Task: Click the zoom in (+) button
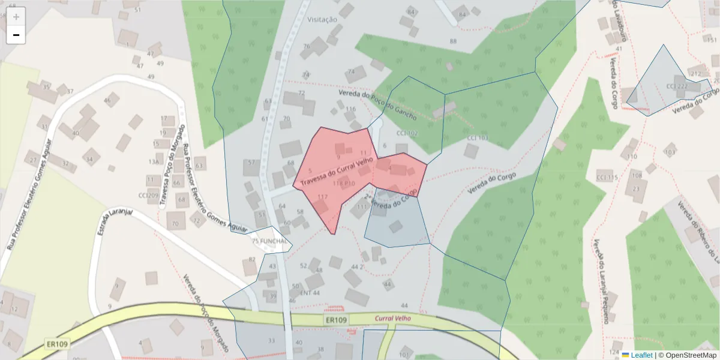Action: [x=16, y=17]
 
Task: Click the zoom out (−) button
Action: [x=16, y=35]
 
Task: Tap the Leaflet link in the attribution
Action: [x=641, y=355]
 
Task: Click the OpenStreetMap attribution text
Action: [x=691, y=355]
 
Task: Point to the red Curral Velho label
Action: [x=392, y=319]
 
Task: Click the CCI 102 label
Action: [x=407, y=133]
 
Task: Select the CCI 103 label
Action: [x=478, y=138]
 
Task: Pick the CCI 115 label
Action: [x=607, y=178]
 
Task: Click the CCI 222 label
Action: [x=677, y=86]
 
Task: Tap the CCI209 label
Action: [x=148, y=195]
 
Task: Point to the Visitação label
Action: [x=322, y=19]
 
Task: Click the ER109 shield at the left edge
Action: [x=57, y=344]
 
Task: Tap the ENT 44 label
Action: [x=310, y=293]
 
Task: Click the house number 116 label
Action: [x=350, y=109]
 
